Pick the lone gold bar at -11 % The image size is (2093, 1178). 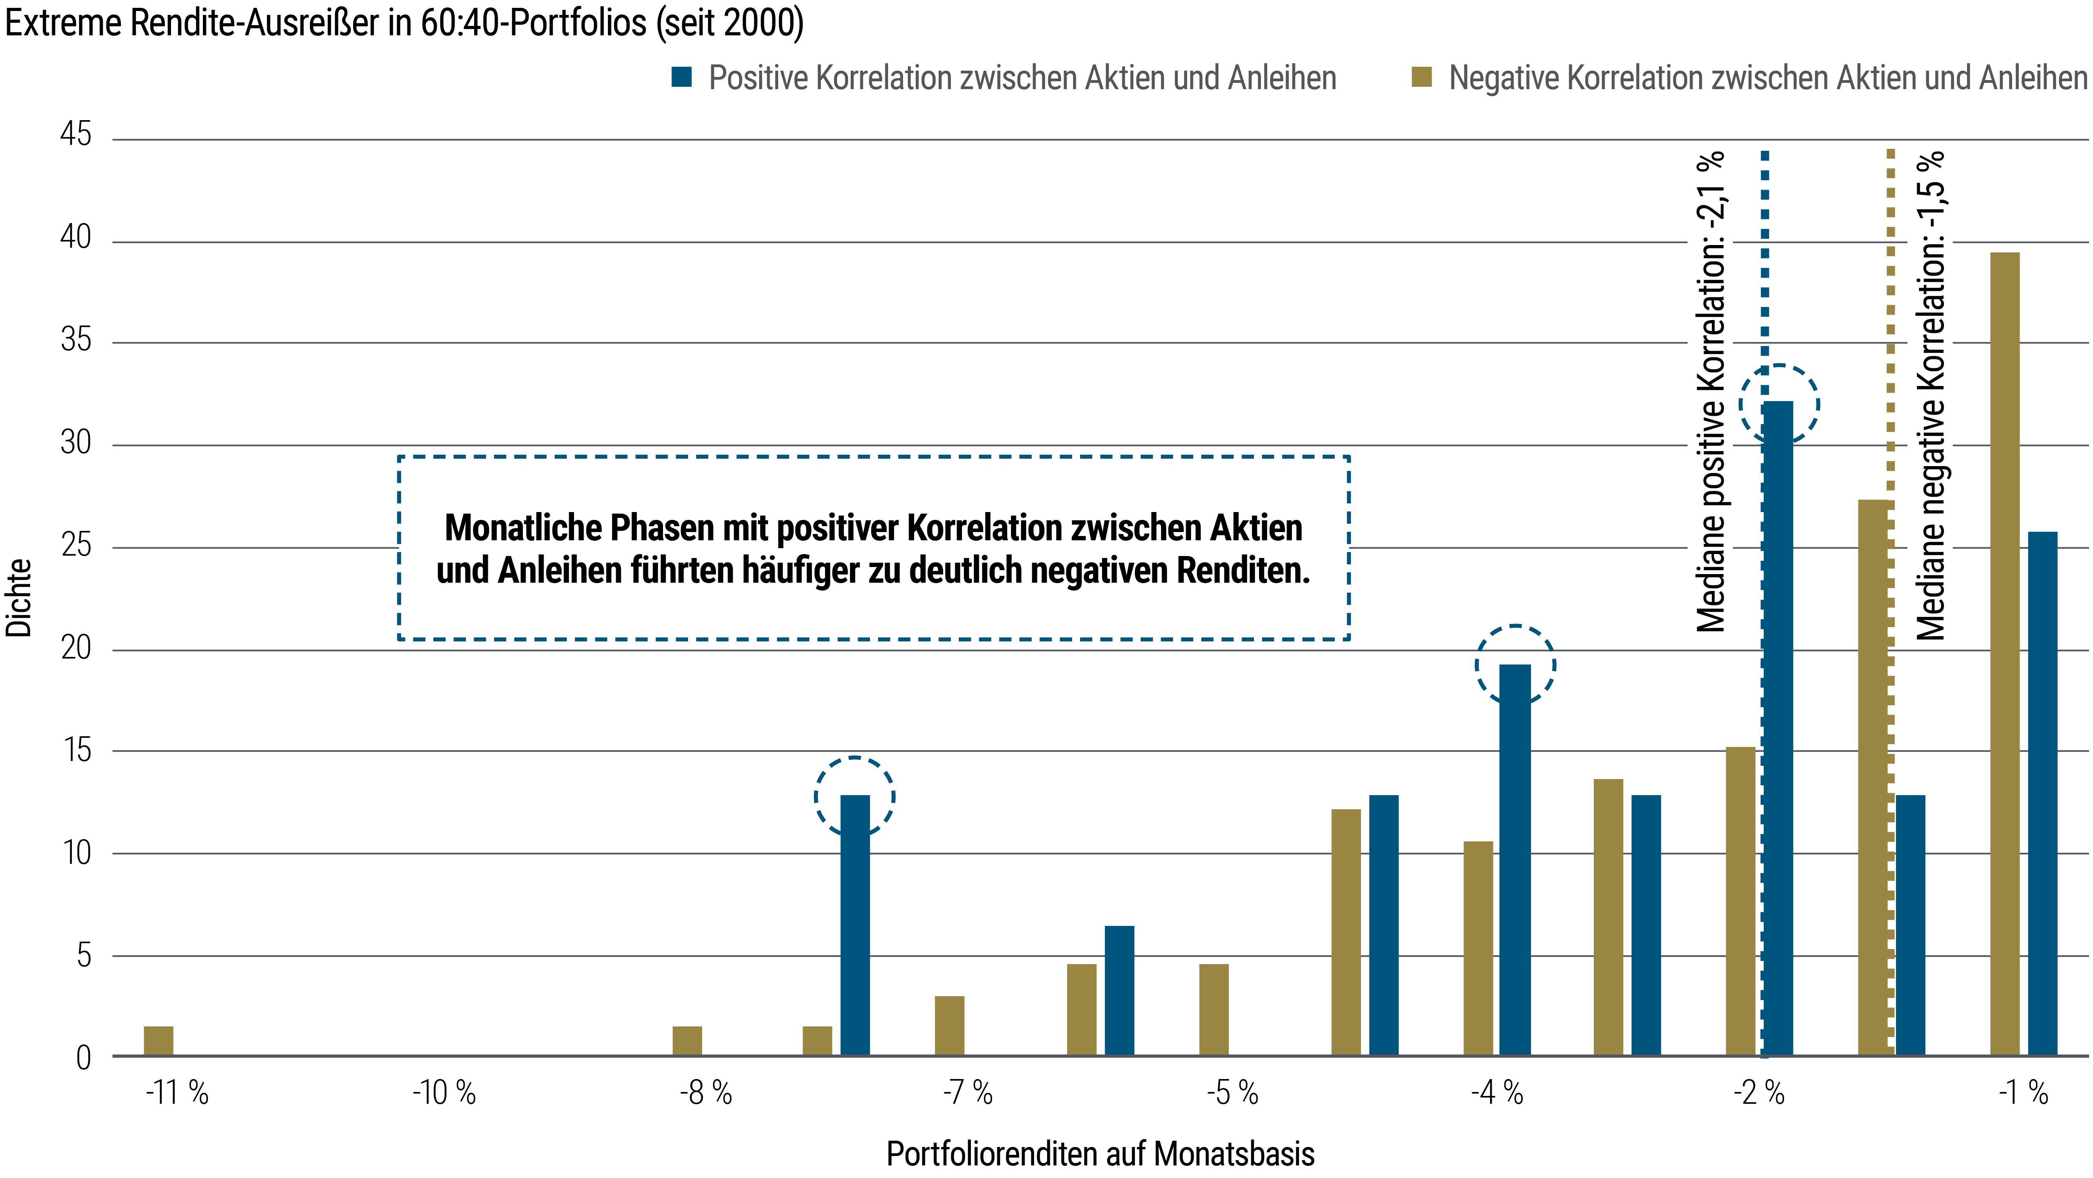coord(159,1041)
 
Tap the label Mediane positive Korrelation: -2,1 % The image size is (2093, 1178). coord(1710,392)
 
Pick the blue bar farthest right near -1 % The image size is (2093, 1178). coord(2043,793)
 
